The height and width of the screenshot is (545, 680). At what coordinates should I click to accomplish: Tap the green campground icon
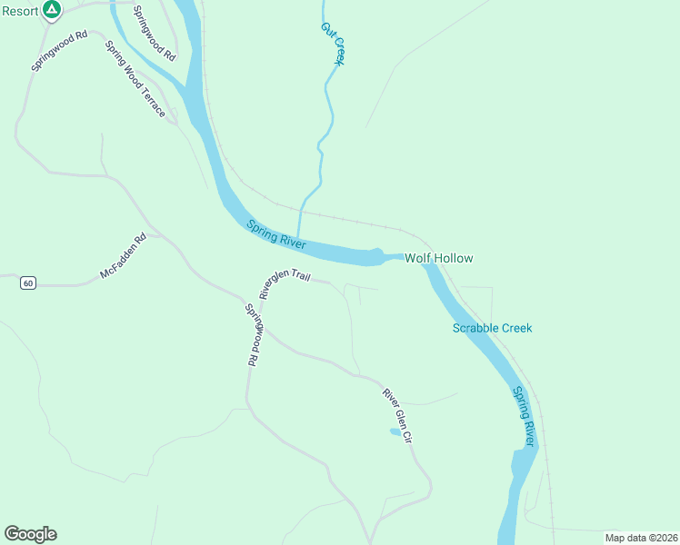(x=53, y=9)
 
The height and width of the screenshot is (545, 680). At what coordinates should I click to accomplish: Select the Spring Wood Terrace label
(x=135, y=79)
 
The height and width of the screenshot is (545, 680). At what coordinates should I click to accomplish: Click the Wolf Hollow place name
(x=439, y=258)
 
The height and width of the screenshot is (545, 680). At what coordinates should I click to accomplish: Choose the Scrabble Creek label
(x=492, y=328)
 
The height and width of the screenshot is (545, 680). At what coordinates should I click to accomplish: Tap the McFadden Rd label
(x=123, y=258)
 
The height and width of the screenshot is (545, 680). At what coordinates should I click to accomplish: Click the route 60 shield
(x=28, y=283)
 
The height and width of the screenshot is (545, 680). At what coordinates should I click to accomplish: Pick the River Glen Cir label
(x=398, y=416)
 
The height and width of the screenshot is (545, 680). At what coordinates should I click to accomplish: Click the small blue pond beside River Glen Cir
(x=395, y=431)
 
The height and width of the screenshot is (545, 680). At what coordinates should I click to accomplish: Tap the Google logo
(x=30, y=534)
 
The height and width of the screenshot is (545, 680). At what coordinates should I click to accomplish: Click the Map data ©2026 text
(x=640, y=538)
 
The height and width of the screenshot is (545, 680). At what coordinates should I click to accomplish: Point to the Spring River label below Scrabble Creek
(x=523, y=416)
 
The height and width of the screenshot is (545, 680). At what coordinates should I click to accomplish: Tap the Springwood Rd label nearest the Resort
(x=59, y=52)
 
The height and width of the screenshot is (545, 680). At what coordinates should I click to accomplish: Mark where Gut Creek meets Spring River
(x=298, y=238)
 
